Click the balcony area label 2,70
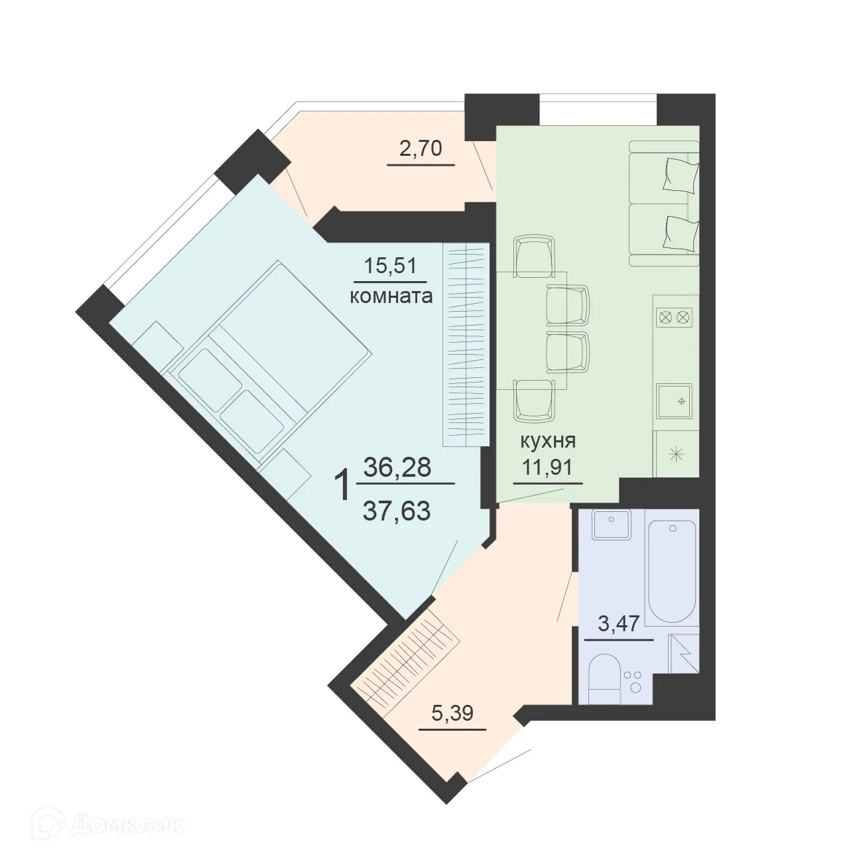coord(421,149)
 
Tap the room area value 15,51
coord(390,267)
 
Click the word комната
coord(391,296)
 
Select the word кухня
coord(547,440)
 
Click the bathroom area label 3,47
coord(619,624)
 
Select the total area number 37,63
coord(397,511)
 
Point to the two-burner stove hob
coord(674,318)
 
